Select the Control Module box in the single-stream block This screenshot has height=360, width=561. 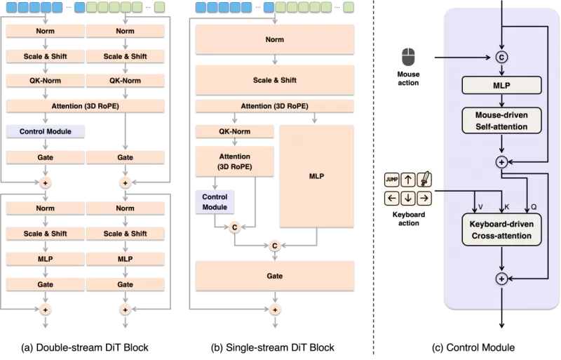pos(215,202)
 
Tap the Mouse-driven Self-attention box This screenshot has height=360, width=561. pos(501,119)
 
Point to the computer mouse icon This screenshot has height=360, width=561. pos(408,58)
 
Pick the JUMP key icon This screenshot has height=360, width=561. pos(392,180)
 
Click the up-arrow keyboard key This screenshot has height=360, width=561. pos(408,180)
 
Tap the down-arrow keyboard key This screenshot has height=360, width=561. pos(408,197)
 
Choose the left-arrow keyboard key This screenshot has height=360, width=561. pos(392,197)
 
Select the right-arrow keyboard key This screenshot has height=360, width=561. pos(424,197)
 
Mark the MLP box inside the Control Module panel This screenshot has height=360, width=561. pos(501,86)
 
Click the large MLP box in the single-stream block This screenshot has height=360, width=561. pos(316,176)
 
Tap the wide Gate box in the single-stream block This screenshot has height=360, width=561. pos(275,276)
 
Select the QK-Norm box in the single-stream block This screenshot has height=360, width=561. pos(235,131)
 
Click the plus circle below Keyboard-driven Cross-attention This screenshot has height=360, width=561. pos(501,279)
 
